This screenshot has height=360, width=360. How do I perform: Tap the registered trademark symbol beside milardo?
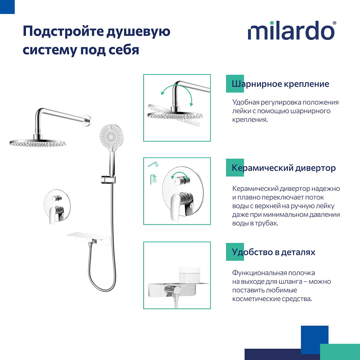[x=334, y=23]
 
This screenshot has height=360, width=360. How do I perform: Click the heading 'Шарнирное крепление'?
[x=280, y=84]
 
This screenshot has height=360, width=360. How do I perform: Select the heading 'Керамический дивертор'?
[x=284, y=168]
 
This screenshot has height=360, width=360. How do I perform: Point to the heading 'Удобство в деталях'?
[x=274, y=252]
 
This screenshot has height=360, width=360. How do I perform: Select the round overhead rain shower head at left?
[x=38, y=142]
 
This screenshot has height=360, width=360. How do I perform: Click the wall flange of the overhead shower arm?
[x=87, y=120]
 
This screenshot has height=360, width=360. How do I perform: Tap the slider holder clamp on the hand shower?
[x=108, y=179]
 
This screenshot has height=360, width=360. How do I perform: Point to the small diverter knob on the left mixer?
[x=57, y=198]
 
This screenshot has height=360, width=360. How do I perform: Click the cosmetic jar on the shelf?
[x=189, y=275]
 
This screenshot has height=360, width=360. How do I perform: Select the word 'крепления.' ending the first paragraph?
[x=250, y=120]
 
